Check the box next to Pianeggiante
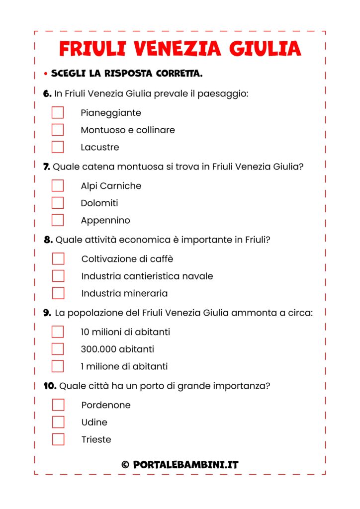point(58,112)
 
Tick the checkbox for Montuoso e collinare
point(58,130)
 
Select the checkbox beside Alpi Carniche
point(58,185)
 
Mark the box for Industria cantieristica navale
point(58,276)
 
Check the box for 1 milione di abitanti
point(58,366)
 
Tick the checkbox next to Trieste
point(58,439)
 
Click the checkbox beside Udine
point(58,422)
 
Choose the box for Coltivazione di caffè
point(58,258)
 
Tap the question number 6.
point(47,93)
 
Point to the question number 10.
point(50,386)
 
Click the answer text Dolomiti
point(99,203)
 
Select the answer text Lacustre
point(100,147)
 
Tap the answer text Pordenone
point(106,405)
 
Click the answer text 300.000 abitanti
point(117,349)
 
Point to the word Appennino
point(105,220)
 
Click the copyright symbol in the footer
point(125,465)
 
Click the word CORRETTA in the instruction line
point(179,74)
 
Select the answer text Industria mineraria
point(124,293)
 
